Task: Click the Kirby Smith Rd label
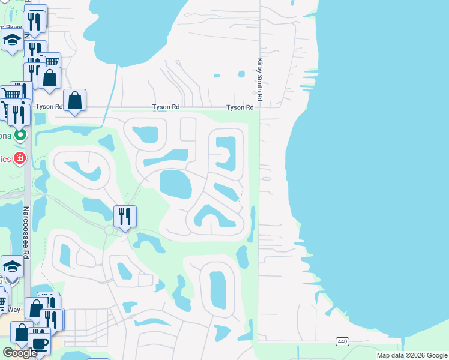[x=260, y=79]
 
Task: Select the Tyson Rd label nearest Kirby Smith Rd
[x=240, y=107]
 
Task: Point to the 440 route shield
[x=342, y=341]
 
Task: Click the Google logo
[x=20, y=353]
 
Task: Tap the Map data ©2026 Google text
[x=412, y=355]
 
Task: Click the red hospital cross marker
[x=20, y=158]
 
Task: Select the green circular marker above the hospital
[x=20, y=135]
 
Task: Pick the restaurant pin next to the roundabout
[x=125, y=216]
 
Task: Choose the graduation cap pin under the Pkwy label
[x=11, y=41]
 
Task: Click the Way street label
[x=16, y=310]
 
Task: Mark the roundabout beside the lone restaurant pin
[x=109, y=230]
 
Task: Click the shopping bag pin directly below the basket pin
[x=49, y=78]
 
